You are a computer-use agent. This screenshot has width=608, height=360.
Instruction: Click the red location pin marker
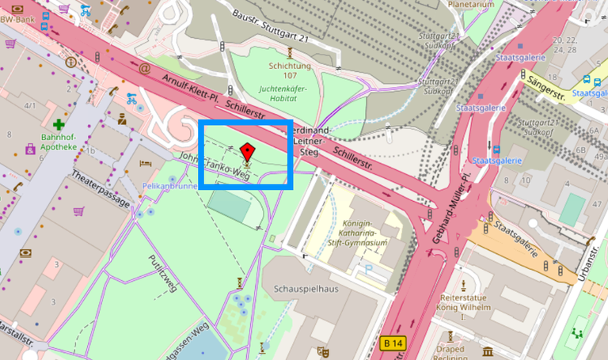(x=247, y=151)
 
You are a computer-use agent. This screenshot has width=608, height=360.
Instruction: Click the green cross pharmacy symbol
(x=59, y=124)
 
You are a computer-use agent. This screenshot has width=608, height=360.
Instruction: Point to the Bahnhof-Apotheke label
(x=58, y=141)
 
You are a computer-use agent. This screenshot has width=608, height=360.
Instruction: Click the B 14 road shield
(x=392, y=343)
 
